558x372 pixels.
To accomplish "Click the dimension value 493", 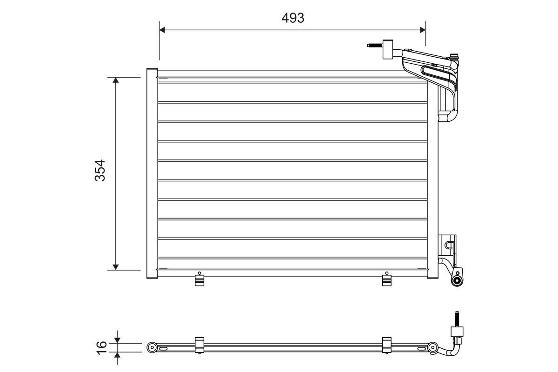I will coord(292,18).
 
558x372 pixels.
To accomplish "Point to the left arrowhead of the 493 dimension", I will coord(162,30).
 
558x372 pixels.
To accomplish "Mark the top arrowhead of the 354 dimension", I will coord(116,80).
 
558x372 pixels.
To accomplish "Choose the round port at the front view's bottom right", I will coord(458,279).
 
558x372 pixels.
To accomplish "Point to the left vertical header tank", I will coord(152,173).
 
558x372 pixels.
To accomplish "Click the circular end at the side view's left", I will coord(151,347).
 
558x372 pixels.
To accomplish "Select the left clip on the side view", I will coord(199,345).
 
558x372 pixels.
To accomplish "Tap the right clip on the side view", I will coord(387,345).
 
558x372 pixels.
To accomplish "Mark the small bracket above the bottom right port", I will coord(449,244).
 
